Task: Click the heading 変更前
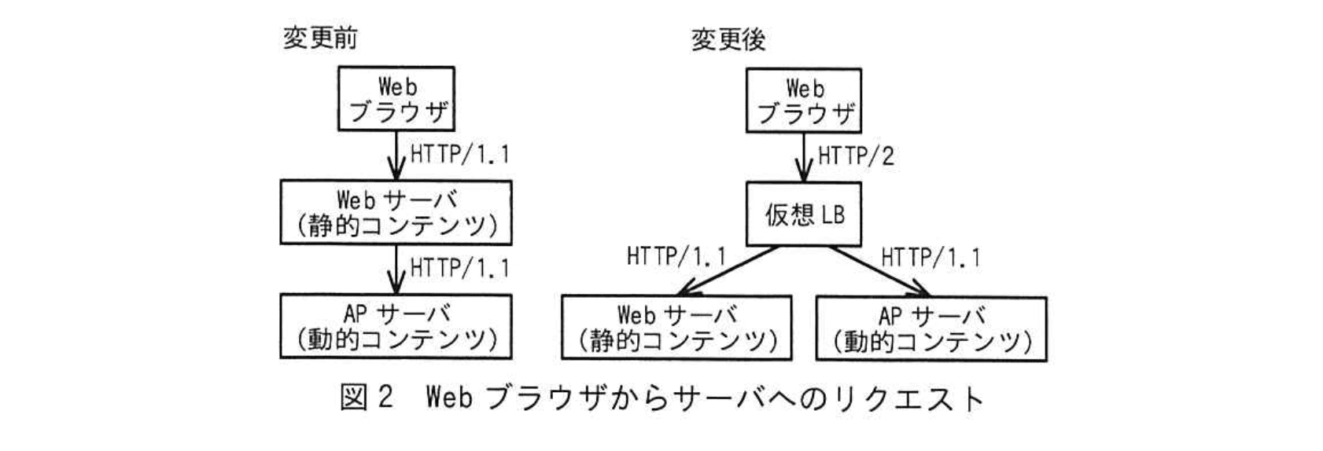319,38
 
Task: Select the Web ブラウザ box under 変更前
396,99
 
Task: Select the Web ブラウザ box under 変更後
803,101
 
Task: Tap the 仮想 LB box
803,214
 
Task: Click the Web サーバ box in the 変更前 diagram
396,212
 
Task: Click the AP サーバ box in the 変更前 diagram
396,326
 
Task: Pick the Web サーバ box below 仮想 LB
676,328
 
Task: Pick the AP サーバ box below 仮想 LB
931,328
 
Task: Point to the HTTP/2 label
856,156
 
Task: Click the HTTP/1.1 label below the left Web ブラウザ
460,153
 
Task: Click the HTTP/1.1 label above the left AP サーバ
460,268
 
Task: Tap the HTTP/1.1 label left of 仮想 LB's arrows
676,257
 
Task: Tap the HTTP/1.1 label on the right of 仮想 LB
931,257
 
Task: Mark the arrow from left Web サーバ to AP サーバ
396,269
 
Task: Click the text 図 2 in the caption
366,398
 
